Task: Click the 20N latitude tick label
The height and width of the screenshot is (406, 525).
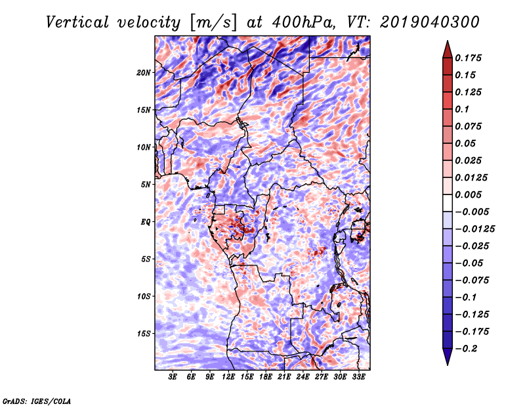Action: (x=144, y=72)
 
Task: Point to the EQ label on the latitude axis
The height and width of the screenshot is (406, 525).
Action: (x=146, y=222)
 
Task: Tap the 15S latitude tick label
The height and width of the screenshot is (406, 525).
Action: (x=144, y=334)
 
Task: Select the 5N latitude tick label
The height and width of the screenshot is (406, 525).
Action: (x=146, y=185)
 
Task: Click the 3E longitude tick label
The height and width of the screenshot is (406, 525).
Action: (x=173, y=377)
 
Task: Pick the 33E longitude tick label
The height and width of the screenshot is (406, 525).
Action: (x=358, y=377)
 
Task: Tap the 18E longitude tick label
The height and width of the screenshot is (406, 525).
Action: (x=266, y=377)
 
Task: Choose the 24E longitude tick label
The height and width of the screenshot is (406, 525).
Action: (x=303, y=377)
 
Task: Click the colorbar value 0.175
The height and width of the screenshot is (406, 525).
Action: (x=471, y=58)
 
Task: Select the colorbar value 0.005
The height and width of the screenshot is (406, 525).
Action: (x=471, y=194)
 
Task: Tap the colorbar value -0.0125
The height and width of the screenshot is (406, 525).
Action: (x=476, y=229)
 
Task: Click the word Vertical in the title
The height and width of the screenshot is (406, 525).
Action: (x=77, y=22)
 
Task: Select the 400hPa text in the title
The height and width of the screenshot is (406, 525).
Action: (x=289, y=22)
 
